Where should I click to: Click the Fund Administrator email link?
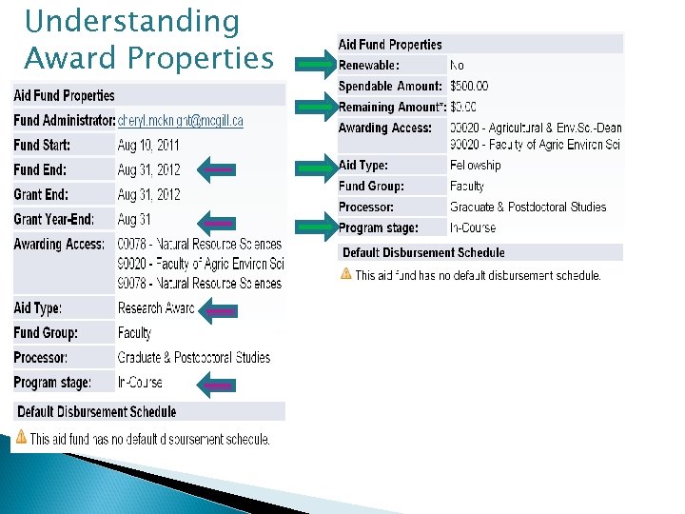click(181, 121)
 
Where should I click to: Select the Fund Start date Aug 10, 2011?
click(148, 146)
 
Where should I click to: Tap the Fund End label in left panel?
click(40, 169)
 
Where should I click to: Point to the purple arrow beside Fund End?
click(217, 169)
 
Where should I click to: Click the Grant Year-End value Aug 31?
click(135, 219)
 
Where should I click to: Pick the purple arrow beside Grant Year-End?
click(217, 224)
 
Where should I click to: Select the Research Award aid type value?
click(155, 308)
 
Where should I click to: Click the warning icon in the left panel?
click(21, 438)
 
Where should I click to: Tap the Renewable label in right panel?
click(369, 66)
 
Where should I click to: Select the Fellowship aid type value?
click(475, 166)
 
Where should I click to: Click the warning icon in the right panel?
click(346, 274)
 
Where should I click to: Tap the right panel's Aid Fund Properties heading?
click(390, 45)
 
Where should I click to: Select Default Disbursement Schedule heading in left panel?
click(95, 412)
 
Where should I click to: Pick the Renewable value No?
click(457, 66)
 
